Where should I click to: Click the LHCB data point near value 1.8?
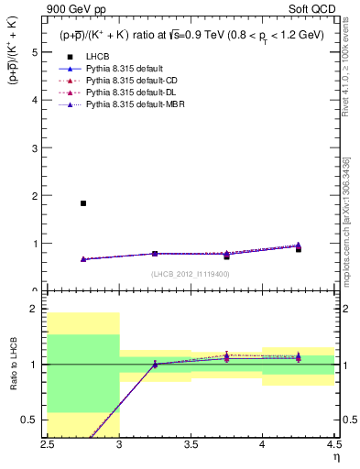point(83,203)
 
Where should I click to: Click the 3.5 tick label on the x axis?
point(191,442)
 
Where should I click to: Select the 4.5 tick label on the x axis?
point(333,442)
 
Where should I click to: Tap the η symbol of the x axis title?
point(336,455)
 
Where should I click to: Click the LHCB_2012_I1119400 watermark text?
point(191,274)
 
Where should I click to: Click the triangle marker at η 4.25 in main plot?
point(298,245)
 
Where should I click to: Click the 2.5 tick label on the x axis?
point(49,442)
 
